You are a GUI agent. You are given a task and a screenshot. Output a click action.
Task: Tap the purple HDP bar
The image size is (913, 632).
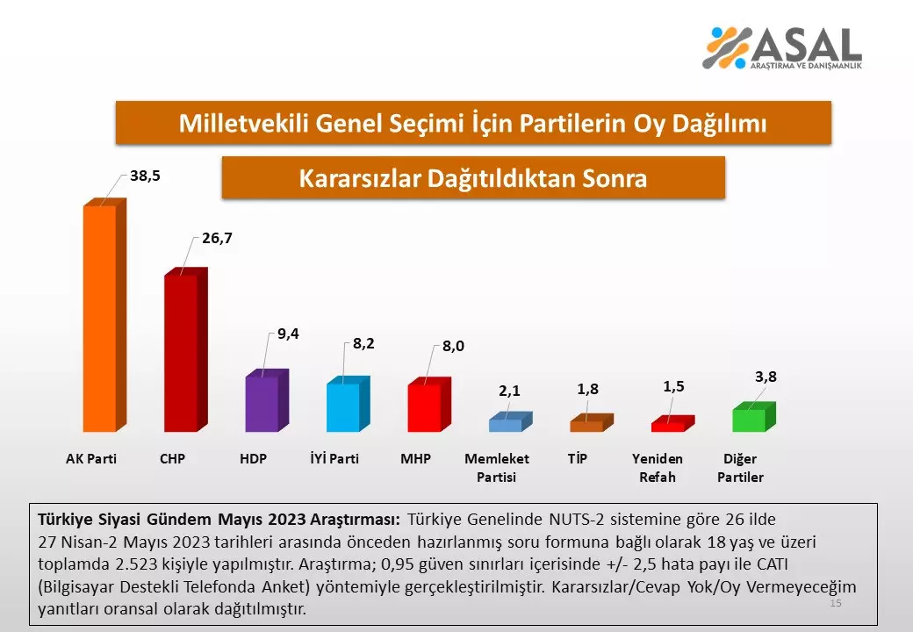tap(262, 404)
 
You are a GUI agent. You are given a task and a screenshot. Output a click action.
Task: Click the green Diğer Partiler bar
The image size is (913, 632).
tap(749, 420)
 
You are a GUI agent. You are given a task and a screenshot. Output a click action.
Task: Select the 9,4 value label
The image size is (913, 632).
tap(288, 334)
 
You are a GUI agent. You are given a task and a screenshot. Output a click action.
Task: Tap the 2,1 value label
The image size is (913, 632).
tap(510, 391)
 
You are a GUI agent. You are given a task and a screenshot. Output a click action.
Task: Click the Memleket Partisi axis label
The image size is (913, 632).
tap(497, 468)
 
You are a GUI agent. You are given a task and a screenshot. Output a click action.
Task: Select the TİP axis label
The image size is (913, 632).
tap(577, 459)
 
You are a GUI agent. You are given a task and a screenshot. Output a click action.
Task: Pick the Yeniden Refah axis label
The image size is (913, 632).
tap(658, 468)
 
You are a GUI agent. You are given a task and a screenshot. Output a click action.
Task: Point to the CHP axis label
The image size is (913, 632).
tap(172, 459)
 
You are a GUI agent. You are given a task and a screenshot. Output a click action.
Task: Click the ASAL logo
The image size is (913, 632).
tap(781, 47)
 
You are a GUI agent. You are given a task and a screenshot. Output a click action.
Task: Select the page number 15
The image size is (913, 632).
tap(836, 604)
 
